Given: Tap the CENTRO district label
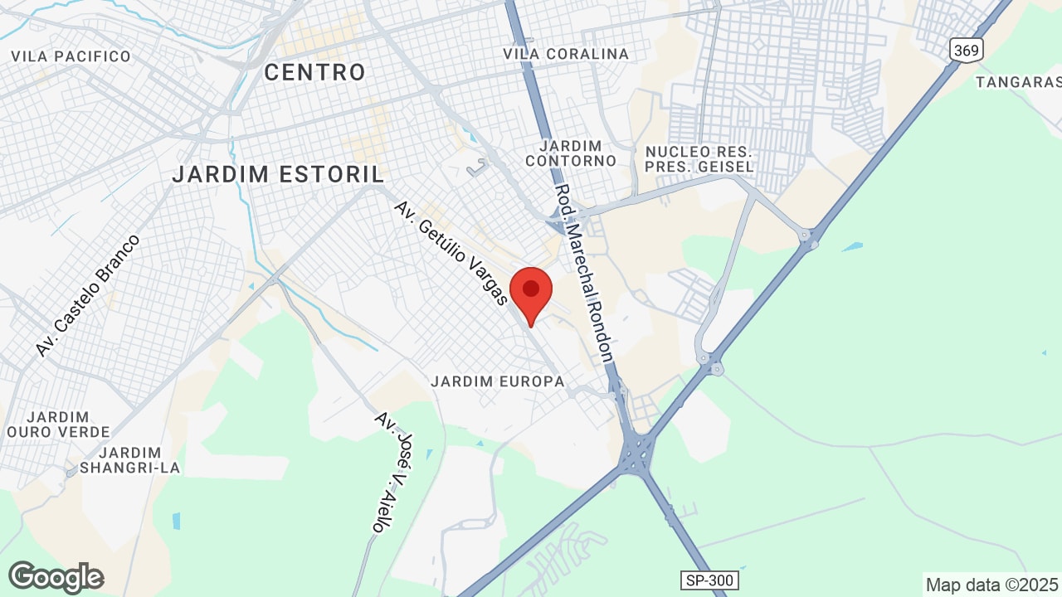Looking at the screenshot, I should (314, 73).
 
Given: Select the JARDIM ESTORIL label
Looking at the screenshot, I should (279, 175).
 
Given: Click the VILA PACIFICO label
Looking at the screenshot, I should (71, 56).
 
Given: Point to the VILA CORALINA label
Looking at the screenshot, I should (566, 54).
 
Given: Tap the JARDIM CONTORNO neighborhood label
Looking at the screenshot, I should (571, 153).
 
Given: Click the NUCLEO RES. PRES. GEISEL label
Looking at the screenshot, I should (699, 159).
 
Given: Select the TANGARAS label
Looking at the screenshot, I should (1018, 82).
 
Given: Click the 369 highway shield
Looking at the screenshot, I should (967, 51).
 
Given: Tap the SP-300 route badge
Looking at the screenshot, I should (710, 580).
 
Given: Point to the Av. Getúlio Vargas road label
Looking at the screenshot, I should (451, 253).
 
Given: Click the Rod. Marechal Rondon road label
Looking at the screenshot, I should (584, 274).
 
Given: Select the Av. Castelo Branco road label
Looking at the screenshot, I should (88, 296).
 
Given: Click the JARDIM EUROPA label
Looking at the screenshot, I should (498, 381).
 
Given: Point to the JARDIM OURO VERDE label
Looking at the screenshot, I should (58, 425).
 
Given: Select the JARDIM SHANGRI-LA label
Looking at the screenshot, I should (129, 460).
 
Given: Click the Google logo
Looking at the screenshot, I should (56, 578).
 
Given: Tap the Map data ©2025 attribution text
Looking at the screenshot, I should (992, 585).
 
